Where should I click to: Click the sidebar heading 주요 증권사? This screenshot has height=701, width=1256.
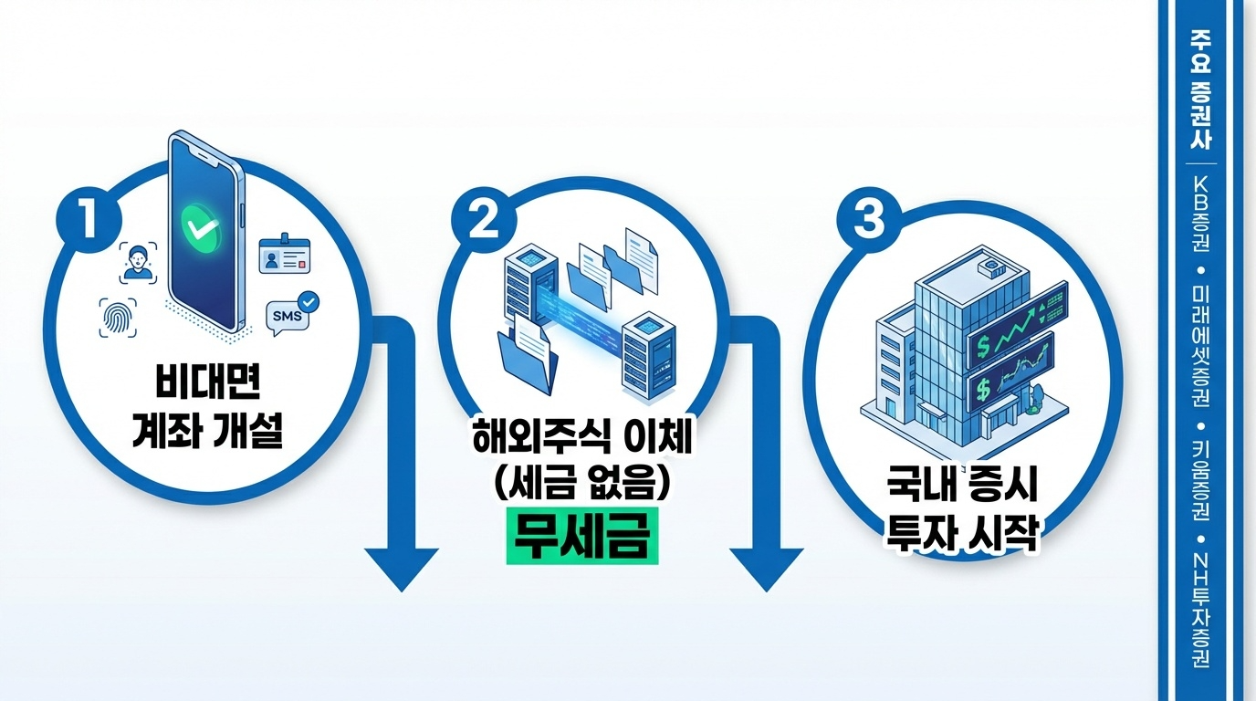(1200, 91)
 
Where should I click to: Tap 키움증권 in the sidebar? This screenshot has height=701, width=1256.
(1200, 480)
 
